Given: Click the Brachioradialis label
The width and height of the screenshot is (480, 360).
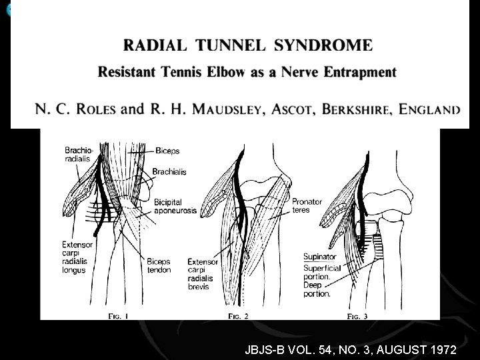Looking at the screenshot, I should [78, 153].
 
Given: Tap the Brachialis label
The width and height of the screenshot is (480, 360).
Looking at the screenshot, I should [169, 172].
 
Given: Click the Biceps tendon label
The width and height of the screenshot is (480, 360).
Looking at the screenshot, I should [159, 265].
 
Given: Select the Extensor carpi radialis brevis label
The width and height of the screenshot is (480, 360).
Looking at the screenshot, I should [203, 274].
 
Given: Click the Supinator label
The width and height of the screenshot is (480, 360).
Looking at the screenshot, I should [320, 256].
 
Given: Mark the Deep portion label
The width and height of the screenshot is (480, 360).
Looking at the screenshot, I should [317, 289].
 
